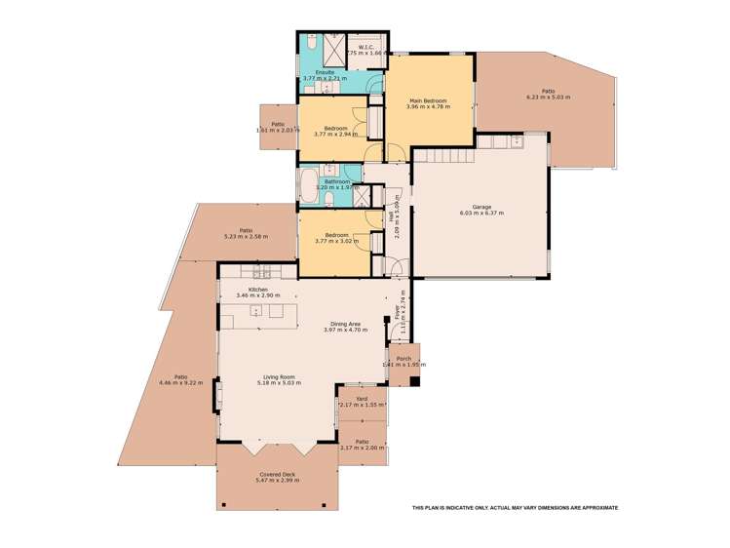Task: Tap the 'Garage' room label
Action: pyautogui.click(x=481, y=207)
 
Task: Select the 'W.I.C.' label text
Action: pyautogui.click(x=366, y=47)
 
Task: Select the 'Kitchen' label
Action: pyautogui.click(x=257, y=290)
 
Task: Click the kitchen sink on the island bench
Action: pyautogui.click(x=255, y=311)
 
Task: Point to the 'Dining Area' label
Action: pyautogui.click(x=342, y=325)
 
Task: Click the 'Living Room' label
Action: pyautogui.click(x=279, y=376)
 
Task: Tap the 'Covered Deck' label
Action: pyautogui.click(x=275, y=475)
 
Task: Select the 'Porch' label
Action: pyautogui.click(x=403, y=359)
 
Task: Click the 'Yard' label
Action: pyautogui.click(x=361, y=398)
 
